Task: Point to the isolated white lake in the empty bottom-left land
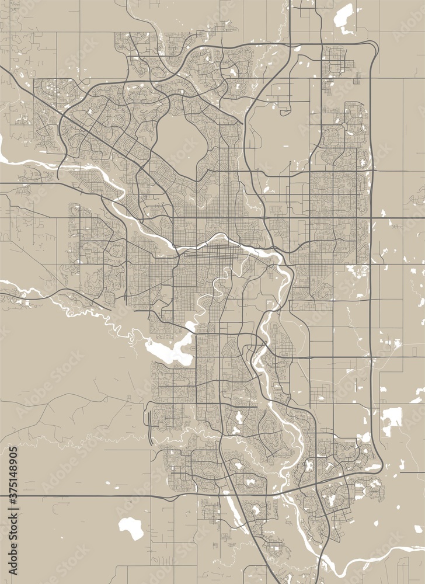pos(131,527)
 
